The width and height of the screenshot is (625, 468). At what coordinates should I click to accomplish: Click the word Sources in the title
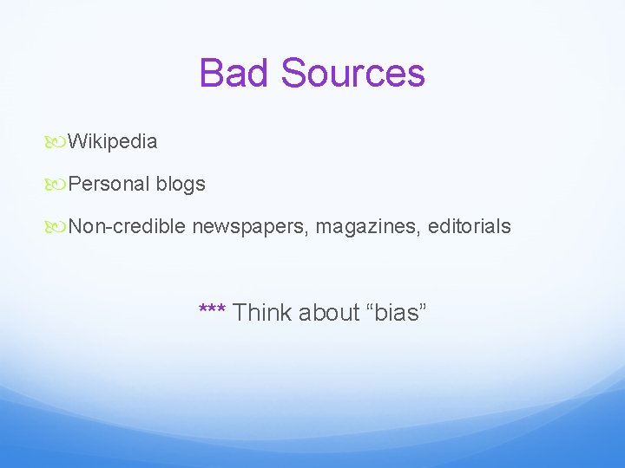[353, 73]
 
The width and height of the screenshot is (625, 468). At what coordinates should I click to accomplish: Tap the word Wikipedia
[113, 141]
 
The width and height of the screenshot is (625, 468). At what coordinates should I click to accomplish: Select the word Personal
[109, 184]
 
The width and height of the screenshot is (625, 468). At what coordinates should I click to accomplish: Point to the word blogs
[181, 184]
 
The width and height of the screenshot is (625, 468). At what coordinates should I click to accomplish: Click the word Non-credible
[127, 226]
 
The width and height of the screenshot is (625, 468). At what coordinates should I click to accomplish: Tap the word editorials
[470, 226]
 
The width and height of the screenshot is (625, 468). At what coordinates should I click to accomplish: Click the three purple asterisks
[213, 309]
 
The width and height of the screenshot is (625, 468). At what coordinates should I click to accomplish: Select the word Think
[262, 312]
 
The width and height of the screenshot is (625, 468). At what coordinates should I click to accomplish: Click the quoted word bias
[398, 312]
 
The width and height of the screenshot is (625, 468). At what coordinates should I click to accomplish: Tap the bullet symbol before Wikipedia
[58, 141]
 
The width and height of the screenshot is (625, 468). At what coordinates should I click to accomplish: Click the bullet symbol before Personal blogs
[58, 184]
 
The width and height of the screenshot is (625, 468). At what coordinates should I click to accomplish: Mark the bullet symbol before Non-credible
[58, 226]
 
